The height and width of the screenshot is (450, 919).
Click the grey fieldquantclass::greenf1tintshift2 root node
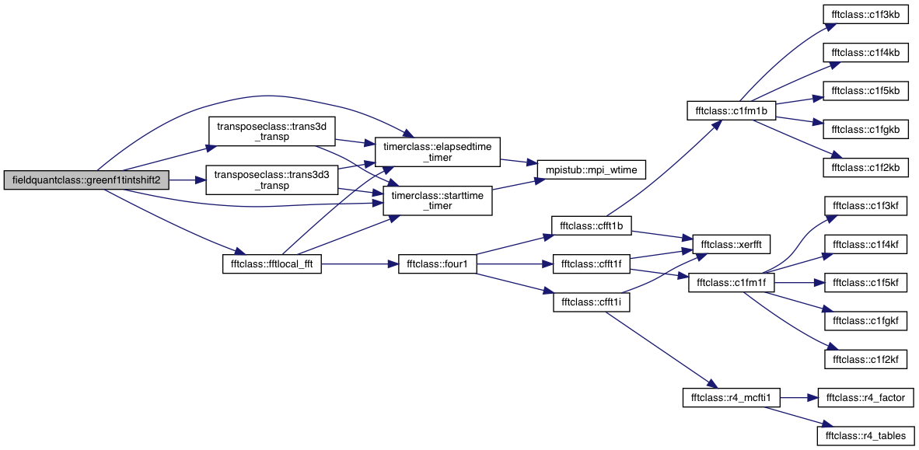tap(87, 180)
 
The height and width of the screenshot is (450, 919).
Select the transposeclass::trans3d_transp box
tap(272, 132)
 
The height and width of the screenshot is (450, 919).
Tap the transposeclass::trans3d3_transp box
tap(272, 180)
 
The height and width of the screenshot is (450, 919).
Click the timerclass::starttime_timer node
tap(437, 201)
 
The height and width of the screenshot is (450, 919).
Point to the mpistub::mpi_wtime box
tap(592, 169)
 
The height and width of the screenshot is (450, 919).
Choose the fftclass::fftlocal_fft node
tap(272, 264)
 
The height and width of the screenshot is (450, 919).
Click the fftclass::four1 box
tap(437, 264)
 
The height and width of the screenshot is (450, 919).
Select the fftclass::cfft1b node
tap(592, 225)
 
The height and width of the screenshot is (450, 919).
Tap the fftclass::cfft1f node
tap(592, 264)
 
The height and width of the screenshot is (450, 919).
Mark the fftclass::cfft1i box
tap(592, 302)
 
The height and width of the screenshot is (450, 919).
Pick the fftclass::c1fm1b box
tap(731, 110)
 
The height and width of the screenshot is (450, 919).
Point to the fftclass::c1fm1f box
tap(731, 283)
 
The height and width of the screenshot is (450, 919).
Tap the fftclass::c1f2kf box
tap(865, 359)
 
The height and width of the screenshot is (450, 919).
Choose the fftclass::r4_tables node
tap(865, 435)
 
